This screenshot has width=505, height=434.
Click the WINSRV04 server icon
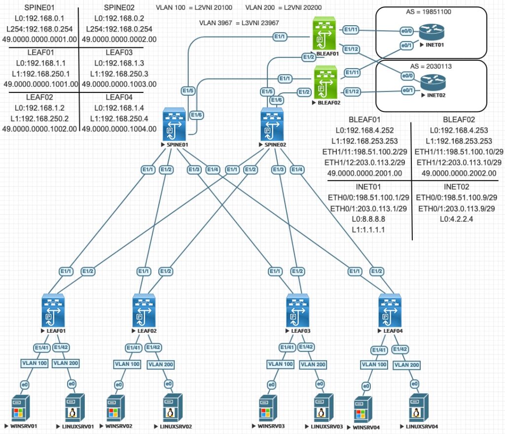pyautogui.click(x=363, y=408)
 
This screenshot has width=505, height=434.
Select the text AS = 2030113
pyautogui.click(x=431, y=66)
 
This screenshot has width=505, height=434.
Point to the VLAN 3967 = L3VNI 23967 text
pyautogui.click(x=240, y=23)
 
